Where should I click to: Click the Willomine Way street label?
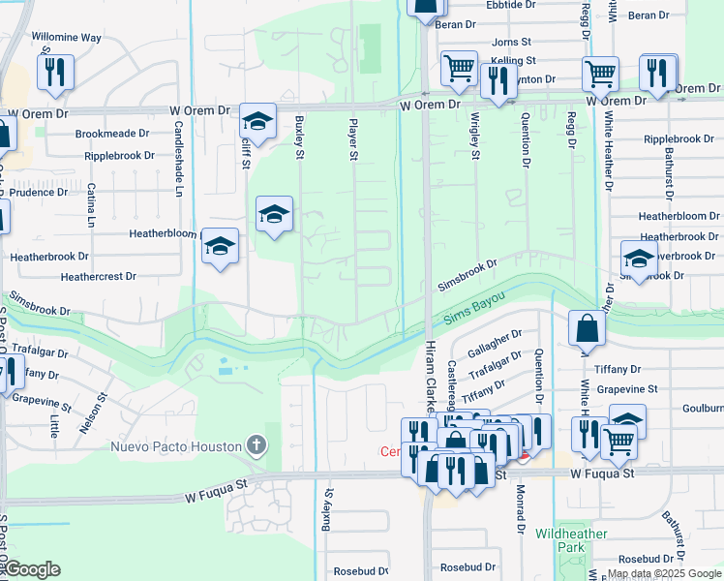pos(66,38)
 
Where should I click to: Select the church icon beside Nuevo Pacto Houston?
pos(256,445)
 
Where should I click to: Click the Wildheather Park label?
pos(571,540)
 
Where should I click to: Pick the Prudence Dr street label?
pos(34,192)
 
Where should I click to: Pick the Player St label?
pos(353,140)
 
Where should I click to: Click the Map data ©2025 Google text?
pos(664,573)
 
